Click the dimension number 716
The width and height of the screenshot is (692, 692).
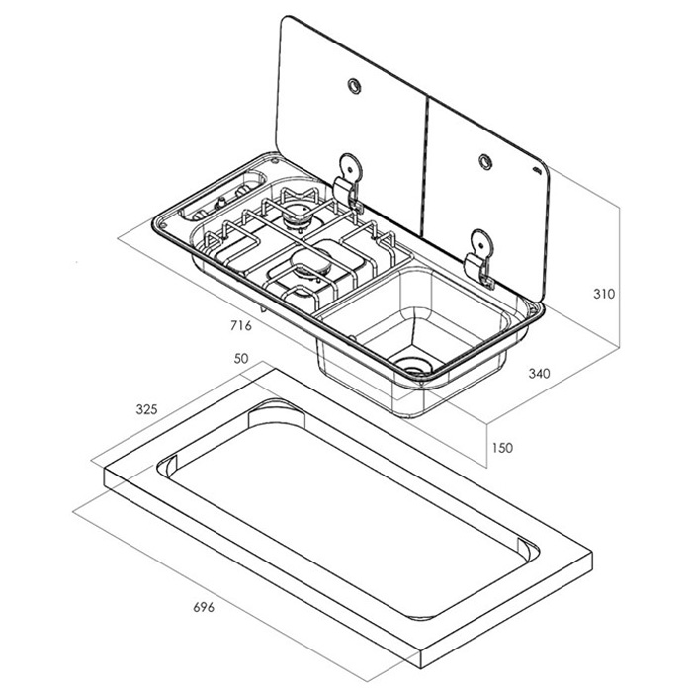[241, 325]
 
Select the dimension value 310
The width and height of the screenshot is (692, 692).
[604, 294]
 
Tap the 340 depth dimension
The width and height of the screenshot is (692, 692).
[539, 374]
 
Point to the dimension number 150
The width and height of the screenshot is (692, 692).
[502, 448]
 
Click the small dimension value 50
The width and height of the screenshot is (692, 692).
[241, 360]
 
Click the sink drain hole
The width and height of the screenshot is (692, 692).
[412, 367]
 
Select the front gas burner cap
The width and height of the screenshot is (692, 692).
[307, 261]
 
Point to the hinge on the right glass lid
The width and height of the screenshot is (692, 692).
[480, 254]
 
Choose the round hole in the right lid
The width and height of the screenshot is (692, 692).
[484, 159]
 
